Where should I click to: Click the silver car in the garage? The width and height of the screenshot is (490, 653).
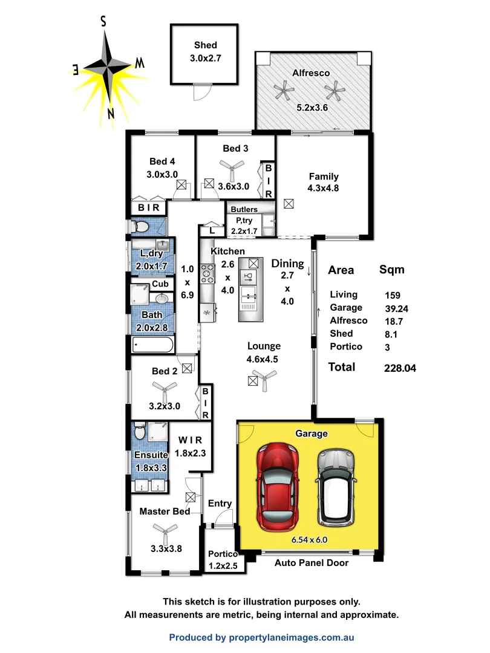pyautogui.click(x=335, y=487)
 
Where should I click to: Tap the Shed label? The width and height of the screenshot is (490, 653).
pyautogui.click(x=205, y=45)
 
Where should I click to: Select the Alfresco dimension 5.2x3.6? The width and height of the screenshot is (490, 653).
pyautogui.click(x=313, y=108)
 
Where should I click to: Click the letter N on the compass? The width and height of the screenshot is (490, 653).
pyautogui.click(x=110, y=113)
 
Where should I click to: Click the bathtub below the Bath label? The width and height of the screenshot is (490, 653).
pyautogui.click(x=152, y=346)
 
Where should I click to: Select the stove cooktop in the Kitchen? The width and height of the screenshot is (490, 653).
pyautogui.click(x=207, y=274)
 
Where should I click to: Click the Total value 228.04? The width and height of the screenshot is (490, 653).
pyautogui.click(x=399, y=368)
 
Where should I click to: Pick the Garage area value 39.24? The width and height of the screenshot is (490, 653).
pyautogui.click(x=396, y=308)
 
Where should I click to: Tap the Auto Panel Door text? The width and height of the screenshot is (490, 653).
pyautogui.click(x=311, y=563)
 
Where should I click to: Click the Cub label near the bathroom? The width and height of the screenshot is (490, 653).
pyautogui.click(x=160, y=284)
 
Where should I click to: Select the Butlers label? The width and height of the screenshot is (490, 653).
pyautogui.click(x=244, y=210)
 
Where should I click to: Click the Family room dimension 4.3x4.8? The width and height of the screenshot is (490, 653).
pyautogui.click(x=324, y=187)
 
